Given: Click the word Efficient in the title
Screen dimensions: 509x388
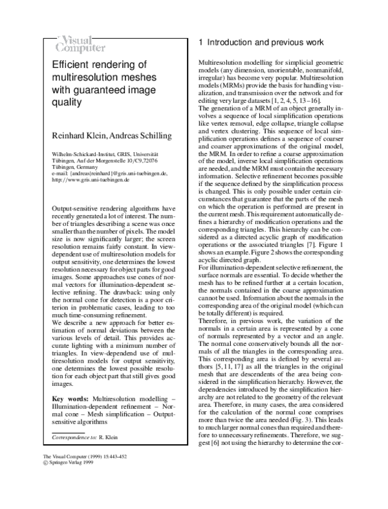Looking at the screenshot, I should pyautogui.click(x=73, y=64).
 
